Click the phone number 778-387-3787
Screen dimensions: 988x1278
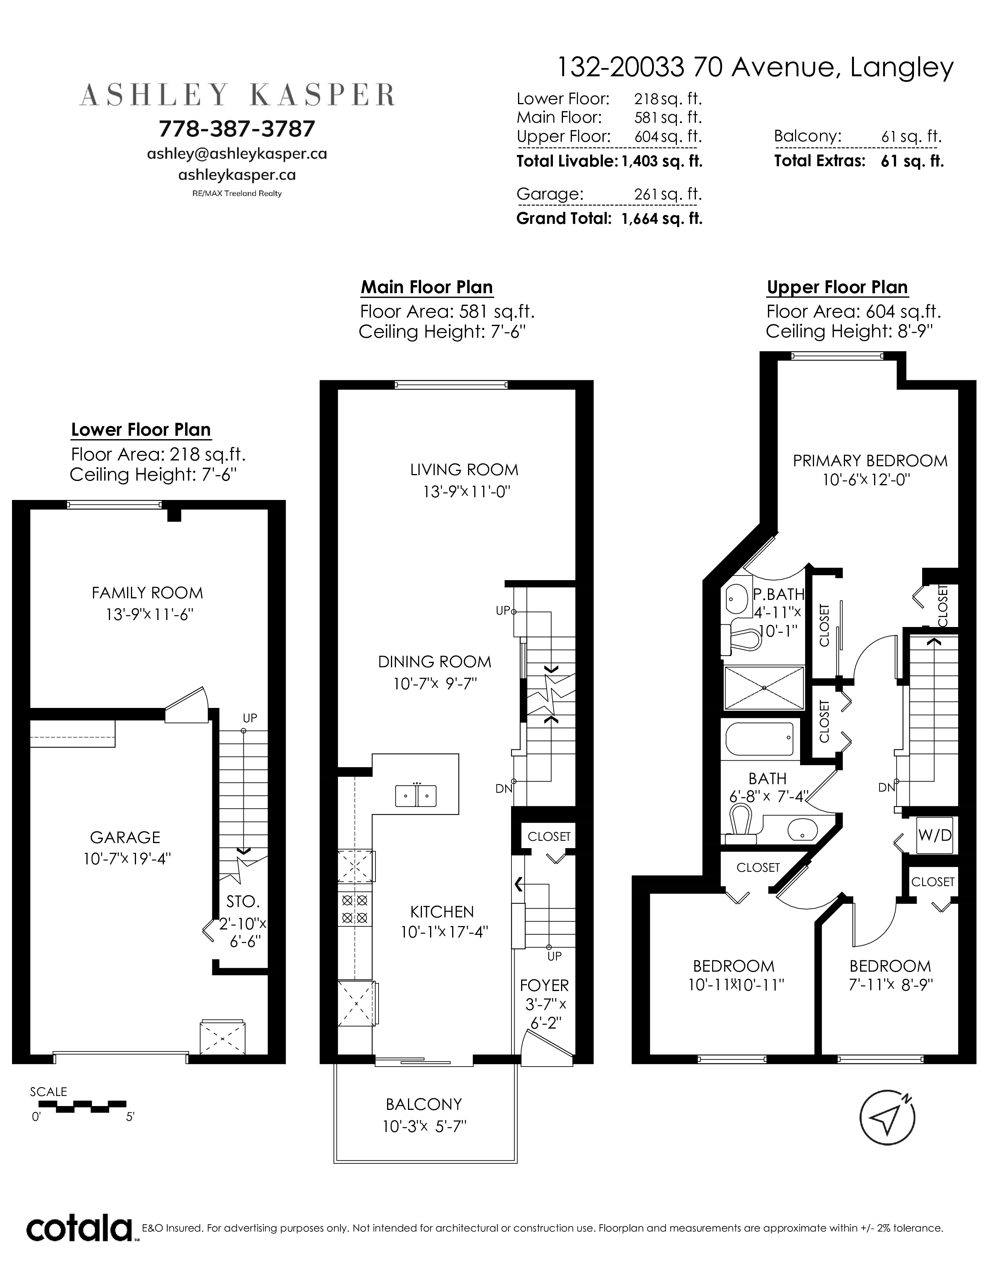pos(237,129)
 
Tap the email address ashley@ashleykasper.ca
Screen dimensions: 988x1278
pos(237,154)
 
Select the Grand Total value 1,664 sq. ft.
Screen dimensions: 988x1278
pos(661,219)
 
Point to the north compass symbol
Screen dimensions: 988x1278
pos(887,1118)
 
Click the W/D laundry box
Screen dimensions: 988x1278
pos(935,835)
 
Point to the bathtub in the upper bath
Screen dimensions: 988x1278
pos(759,739)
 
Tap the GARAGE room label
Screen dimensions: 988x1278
pos(125,837)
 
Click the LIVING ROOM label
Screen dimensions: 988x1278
pos(464,469)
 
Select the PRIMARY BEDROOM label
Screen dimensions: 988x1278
pos(870,460)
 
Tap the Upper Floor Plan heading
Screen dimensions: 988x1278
pos(837,287)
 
